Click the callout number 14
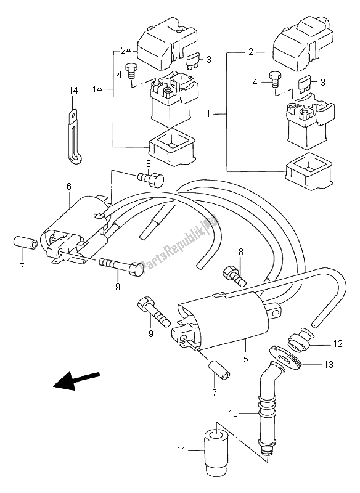click(73, 91)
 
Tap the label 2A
click(126, 51)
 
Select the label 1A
click(97, 89)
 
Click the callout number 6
click(69, 187)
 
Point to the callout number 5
click(246, 359)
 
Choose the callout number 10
click(233, 414)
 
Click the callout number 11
click(181, 451)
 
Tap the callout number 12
click(338, 344)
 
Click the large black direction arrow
click(76, 380)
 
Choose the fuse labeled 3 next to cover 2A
click(194, 62)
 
